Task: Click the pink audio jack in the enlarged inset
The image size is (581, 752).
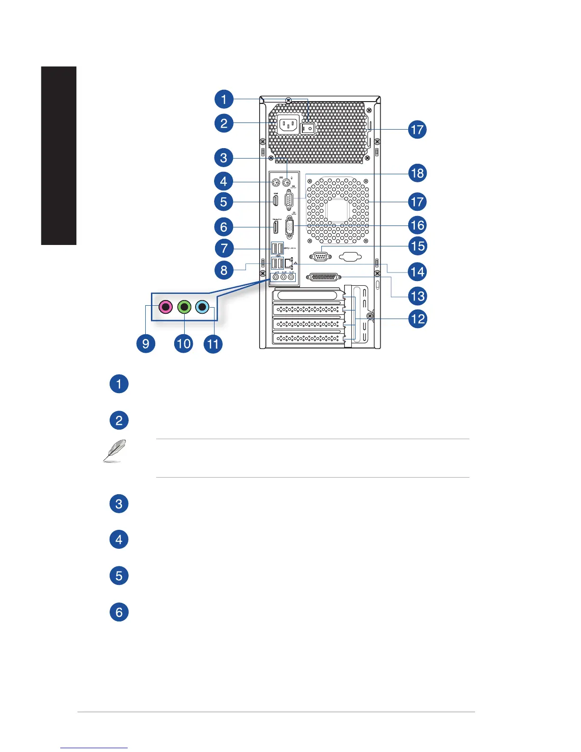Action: pyautogui.click(x=165, y=307)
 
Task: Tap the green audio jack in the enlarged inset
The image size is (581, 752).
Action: pyautogui.click(x=184, y=307)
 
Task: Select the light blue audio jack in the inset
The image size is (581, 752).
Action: pyautogui.click(x=202, y=307)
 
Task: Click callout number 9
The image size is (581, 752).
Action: pyautogui.click(x=146, y=343)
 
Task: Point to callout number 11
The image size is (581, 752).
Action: pyautogui.click(x=213, y=343)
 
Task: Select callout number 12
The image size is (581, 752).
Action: pyautogui.click(x=418, y=319)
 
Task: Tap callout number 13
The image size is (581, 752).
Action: pyautogui.click(x=418, y=296)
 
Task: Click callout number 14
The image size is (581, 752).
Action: pyautogui.click(x=418, y=272)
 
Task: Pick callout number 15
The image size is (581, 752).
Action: pyautogui.click(x=418, y=246)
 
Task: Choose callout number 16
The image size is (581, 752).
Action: pyautogui.click(x=418, y=225)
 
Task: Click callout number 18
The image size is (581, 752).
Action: pyautogui.click(x=418, y=173)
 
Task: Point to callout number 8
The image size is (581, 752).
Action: pyautogui.click(x=224, y=270)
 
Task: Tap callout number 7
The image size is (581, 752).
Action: pyautogui.click(x=224, y=248)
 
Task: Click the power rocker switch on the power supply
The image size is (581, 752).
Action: pyautogui.click(x=308, y=128)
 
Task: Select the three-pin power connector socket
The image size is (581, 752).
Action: pyautogui.click(x=288, y=125)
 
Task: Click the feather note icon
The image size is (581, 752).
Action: pyautogui.click(x=115, y=451)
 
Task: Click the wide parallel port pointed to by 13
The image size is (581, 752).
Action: pyautogui.click(x=324, y=277)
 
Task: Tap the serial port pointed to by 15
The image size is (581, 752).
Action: pyautogui.click(x=320, y=257)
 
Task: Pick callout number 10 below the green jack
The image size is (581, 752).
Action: pyautogui.click(x=184, y=343)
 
